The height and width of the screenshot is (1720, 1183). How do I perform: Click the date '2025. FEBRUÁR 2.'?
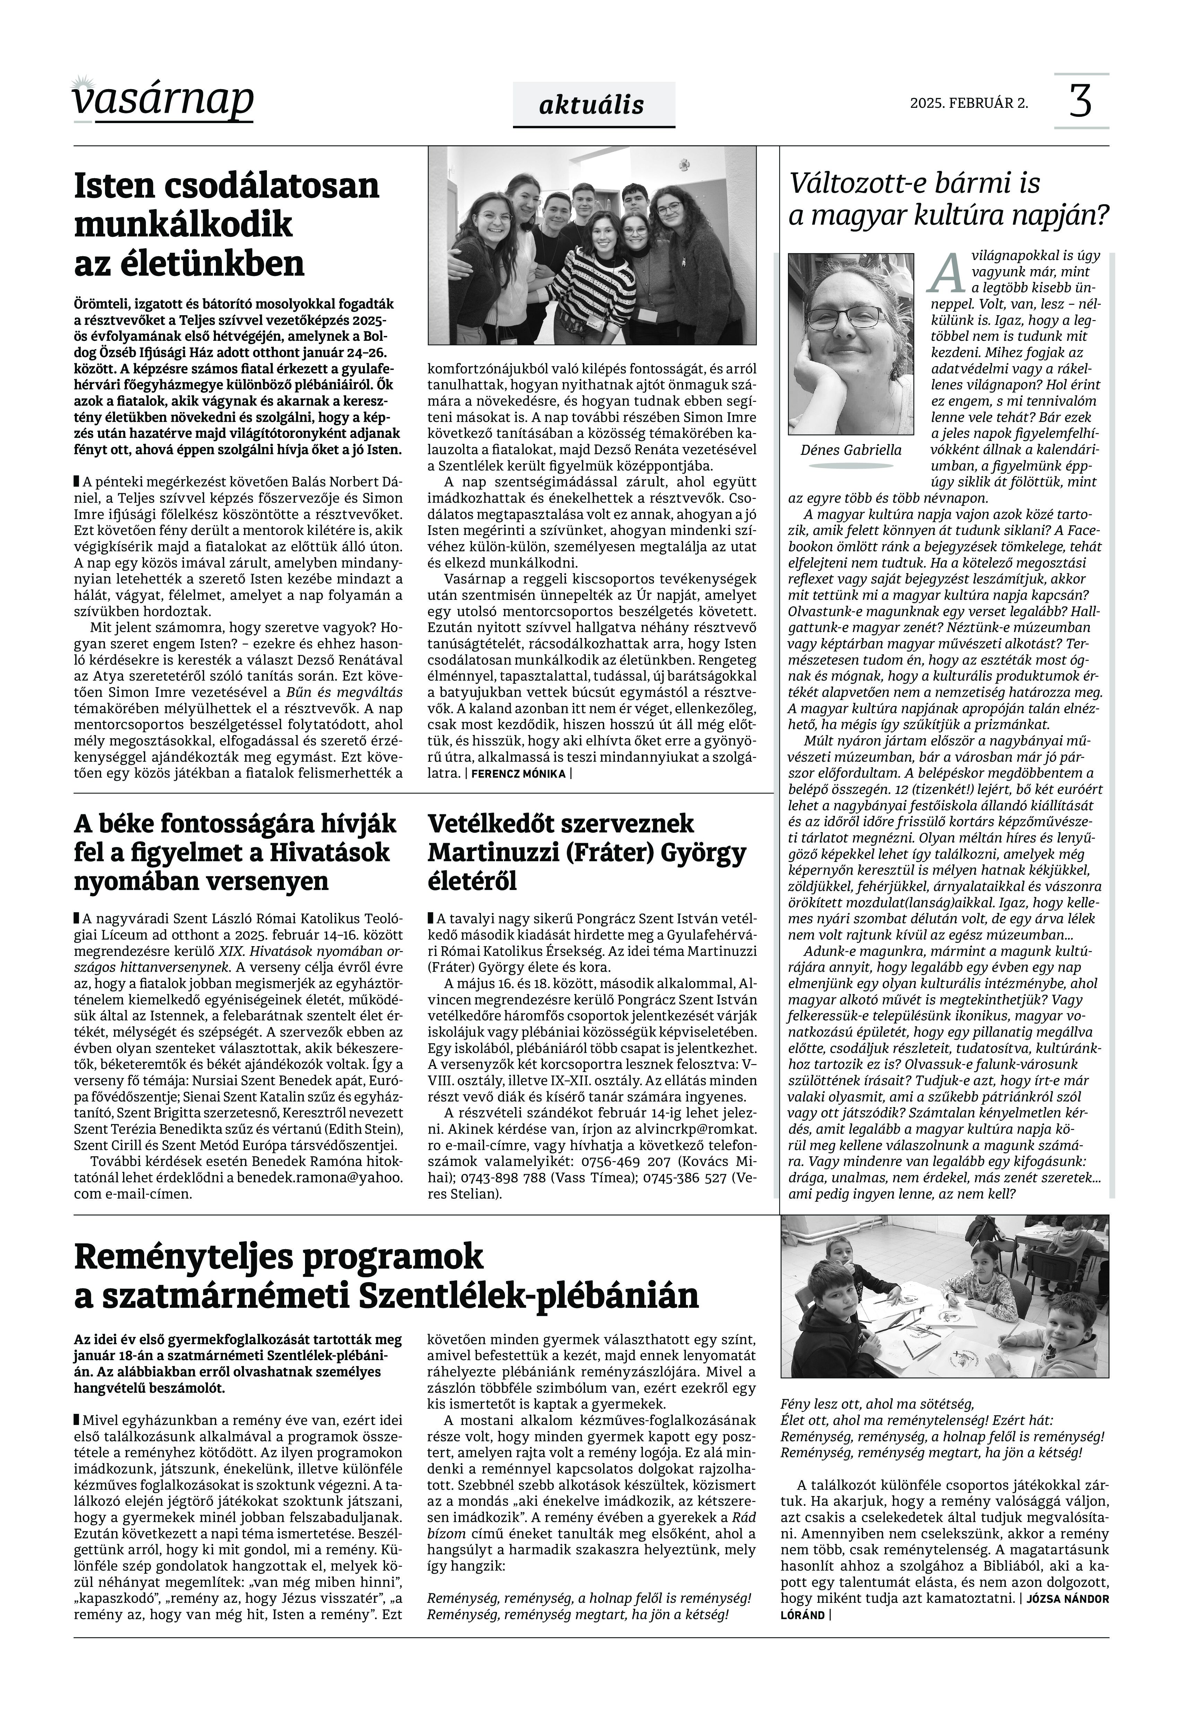coord(969,103)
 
